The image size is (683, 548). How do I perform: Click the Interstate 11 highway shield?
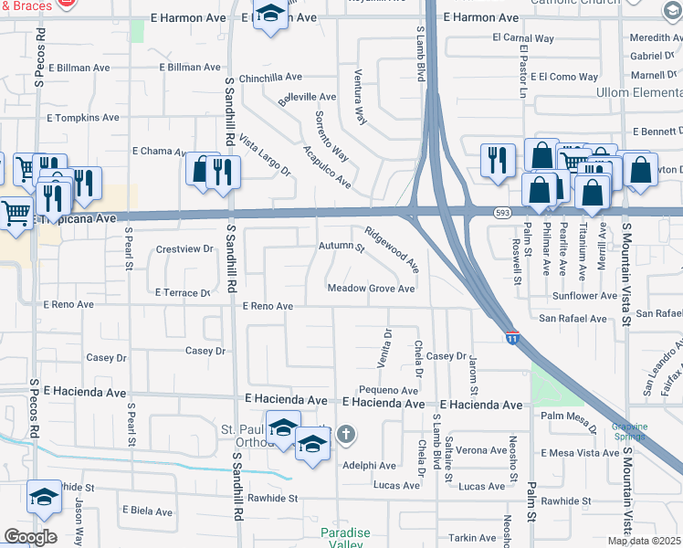511,339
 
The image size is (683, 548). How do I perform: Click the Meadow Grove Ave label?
372,289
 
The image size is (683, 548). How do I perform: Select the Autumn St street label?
341,248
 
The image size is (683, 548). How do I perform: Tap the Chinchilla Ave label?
270,78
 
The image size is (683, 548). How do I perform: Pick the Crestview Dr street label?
184,248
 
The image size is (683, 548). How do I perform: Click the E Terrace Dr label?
183,293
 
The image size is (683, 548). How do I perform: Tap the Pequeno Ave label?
388,391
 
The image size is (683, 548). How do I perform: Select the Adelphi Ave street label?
369,466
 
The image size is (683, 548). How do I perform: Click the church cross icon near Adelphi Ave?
345,434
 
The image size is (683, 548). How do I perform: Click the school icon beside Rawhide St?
43,496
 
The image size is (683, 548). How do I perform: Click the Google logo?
30,537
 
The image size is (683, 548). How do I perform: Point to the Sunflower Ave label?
584,296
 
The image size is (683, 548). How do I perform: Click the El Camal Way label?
523,38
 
